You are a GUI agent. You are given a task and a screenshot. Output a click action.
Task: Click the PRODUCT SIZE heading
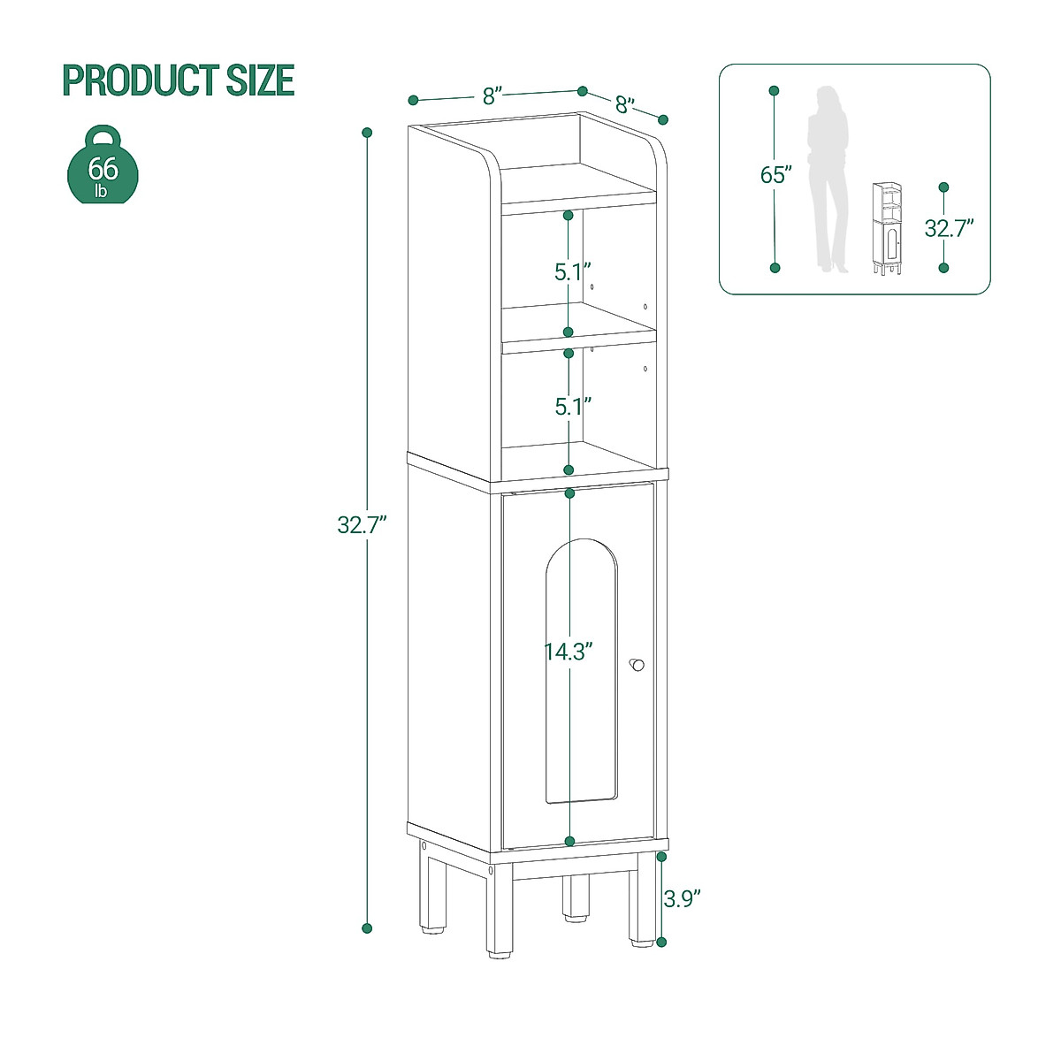(178, 80)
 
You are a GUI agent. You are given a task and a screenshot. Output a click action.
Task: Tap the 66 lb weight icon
(103, 166)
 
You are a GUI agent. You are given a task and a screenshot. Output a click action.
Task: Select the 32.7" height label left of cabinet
(363, 525)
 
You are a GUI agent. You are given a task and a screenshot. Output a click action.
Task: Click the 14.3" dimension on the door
(568, 652)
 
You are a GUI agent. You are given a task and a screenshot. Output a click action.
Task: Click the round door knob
(637, 665)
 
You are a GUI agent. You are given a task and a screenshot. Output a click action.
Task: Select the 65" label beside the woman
(774, 175)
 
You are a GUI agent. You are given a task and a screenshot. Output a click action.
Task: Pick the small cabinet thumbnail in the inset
(887, 228)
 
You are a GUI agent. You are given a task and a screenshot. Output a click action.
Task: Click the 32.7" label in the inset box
(949, 228)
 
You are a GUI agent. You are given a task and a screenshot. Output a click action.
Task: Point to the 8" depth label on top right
(625, 105)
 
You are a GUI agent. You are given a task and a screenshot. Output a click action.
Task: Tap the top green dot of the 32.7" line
(367, 133)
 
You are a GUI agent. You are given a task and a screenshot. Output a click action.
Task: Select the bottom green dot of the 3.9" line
(661, 943)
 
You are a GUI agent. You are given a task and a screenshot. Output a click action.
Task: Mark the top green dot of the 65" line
(774, 91)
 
